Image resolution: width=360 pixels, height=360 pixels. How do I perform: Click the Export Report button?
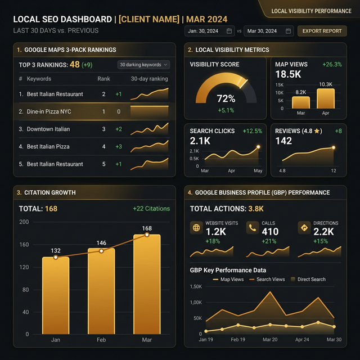[322, 31]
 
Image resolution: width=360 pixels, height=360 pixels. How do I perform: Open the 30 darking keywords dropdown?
[143, 65]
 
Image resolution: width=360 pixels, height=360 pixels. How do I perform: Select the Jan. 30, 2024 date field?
[210, 31]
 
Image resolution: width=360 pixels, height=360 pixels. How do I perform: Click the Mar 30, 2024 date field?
[269, 31]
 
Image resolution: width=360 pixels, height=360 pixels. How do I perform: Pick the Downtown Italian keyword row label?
[48, 129]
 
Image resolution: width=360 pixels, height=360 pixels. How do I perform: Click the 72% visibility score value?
[226, 98]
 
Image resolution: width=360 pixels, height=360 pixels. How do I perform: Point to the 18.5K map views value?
[289, 74]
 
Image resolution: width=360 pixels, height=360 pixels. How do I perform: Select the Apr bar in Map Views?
[326, 98]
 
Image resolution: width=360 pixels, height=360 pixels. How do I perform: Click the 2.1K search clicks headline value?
[200, 141]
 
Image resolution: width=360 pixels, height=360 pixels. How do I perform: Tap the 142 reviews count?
[284, 141]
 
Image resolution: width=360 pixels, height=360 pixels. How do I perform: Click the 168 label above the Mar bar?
[147, 228]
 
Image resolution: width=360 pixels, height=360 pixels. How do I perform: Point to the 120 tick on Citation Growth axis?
[24, 267]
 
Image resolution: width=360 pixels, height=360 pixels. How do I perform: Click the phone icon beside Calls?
[251, 228]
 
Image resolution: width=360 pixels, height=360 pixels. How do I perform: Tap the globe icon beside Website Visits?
[196, 228]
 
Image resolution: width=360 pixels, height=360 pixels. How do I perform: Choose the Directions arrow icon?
[304, 228]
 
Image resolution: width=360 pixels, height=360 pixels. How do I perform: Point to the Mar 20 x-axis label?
[271, 340]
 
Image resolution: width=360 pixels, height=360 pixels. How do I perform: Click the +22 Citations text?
[151, 209]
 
